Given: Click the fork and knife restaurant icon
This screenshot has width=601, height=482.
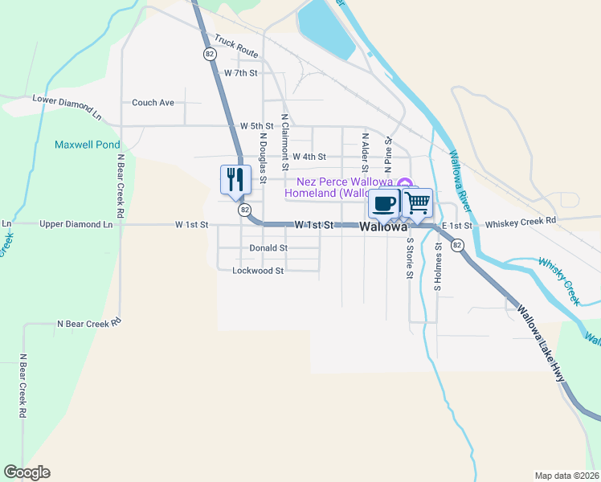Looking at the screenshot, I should pos(234,178).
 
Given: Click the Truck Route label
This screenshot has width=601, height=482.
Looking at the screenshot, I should pos(236,49).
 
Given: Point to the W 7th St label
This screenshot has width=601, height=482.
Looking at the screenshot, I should pos(240,73).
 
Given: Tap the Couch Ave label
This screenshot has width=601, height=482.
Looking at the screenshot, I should pos(153,103).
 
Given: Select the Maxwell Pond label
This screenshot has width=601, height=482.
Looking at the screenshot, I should pos(87,145).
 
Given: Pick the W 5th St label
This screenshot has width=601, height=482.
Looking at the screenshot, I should pos(257,127).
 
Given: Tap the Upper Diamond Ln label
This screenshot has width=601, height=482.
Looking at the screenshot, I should pos(76,224).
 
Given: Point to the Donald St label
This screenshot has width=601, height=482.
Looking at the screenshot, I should pos(268,248).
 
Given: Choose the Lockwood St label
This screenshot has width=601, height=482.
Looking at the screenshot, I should pos(258,271).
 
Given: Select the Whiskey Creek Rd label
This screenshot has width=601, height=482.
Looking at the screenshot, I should pos(521,220).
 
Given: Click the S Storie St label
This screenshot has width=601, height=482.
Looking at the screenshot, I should pos(409,257).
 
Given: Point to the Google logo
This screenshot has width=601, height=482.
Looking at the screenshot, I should pos(27,472).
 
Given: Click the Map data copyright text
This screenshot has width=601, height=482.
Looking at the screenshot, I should pos(566,476).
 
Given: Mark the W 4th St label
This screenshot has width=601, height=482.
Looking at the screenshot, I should pos(309,157).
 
